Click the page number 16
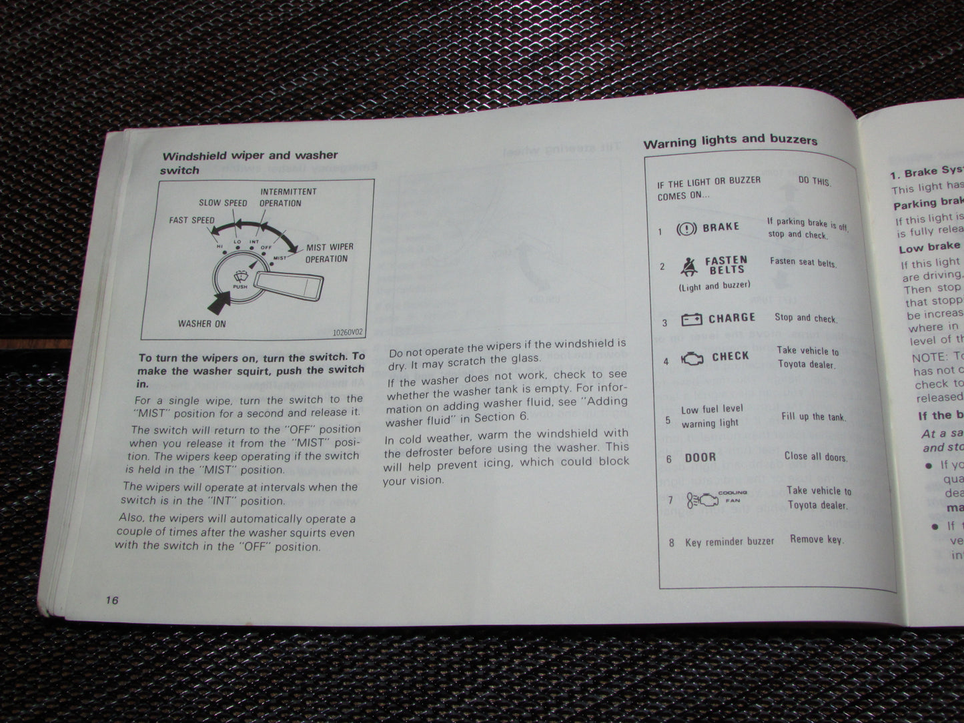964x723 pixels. (x=111, y=600)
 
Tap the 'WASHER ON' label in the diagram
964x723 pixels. (x=201, y=324)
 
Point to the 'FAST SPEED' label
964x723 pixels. (x=192, y=220)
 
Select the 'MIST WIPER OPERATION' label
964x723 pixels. (x=329, y=253)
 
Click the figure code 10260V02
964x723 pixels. (x=348, y=331)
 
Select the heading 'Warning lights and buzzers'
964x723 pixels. (x=730, y=141)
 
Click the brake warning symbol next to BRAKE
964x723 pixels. (x=686, y=229)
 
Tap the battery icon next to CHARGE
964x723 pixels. (x=691, y=320)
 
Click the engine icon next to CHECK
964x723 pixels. (x=692, y=358)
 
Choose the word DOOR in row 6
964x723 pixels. (x=700, y=458)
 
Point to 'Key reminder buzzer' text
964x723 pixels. (x=729, y=542)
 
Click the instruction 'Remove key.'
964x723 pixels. (x=817, y=539)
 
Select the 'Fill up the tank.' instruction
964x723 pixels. (x=813, y=417)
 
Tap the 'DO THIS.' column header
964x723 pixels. (x=815, y=181)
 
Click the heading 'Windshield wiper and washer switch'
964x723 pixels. (x=249, y=162)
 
